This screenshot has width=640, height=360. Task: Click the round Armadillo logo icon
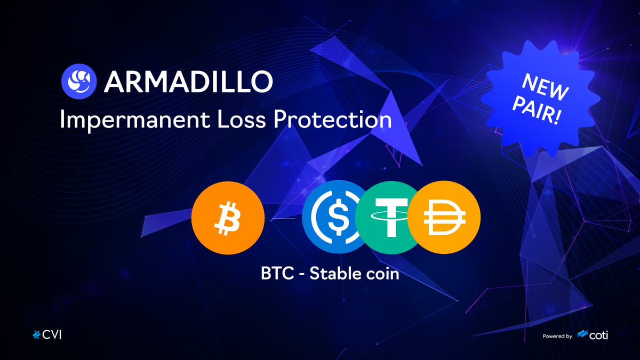(79, 81)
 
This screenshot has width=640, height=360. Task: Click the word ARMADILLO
(189, 81)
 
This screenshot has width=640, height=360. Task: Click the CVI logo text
(52, 335)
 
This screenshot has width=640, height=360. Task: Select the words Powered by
(557, 336)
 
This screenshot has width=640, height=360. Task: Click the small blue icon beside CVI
(36, 335)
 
